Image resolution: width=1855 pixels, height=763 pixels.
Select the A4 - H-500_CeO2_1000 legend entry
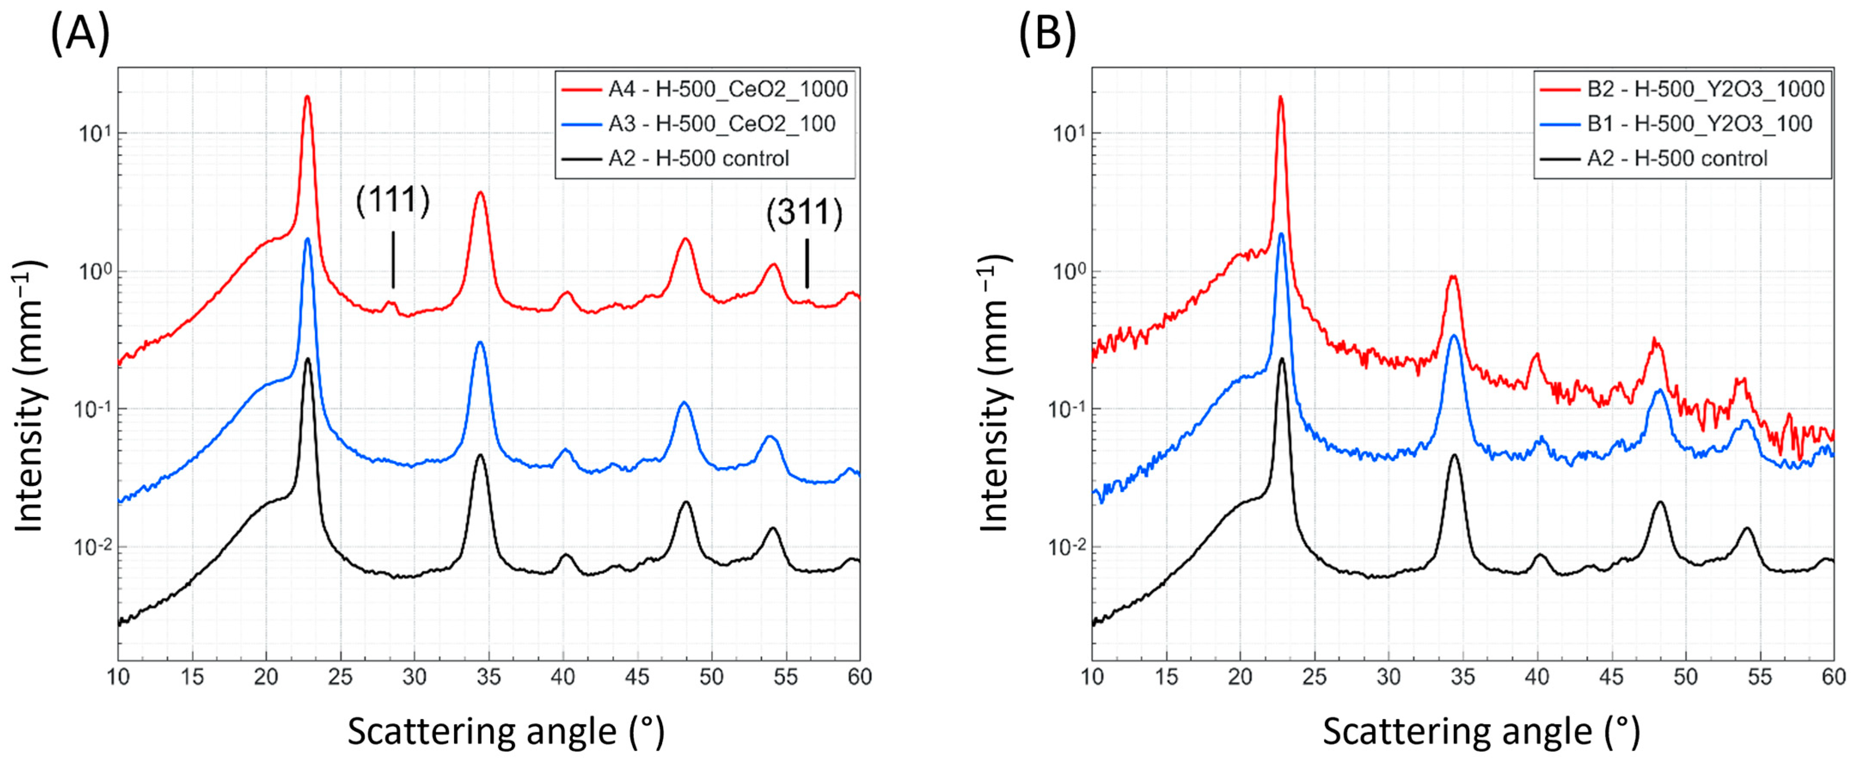tap(727, 89)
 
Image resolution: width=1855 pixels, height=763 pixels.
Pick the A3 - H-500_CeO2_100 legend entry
tap(721, 124)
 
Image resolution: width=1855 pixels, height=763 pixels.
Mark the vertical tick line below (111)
tap(393, 259)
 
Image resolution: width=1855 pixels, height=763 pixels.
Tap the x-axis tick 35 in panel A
tap(489, 678)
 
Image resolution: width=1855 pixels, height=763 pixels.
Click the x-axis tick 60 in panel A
tap(859, 678)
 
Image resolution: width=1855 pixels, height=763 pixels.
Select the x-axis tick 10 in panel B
tap(1092, 678)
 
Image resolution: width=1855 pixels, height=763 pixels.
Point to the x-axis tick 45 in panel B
tap(1611, 678)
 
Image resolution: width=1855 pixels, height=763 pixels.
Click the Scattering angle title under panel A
tap(506, 732)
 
